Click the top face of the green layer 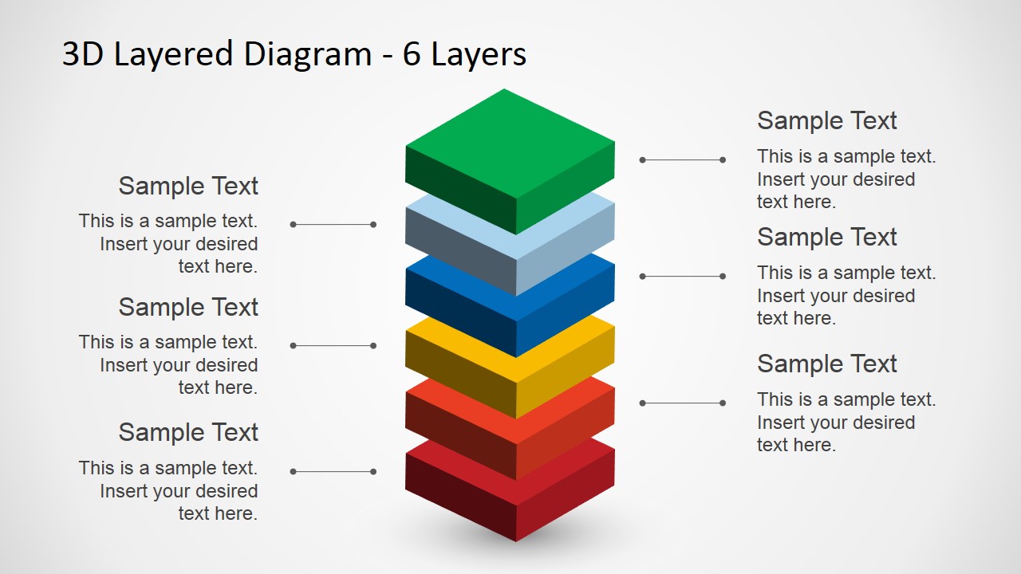510,143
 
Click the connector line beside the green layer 682,160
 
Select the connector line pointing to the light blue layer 333,225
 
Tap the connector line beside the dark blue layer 682,276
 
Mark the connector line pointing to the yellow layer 333,346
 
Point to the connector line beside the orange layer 682,403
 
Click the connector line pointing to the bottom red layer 333,471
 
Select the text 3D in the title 82,54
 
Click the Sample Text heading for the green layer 827,120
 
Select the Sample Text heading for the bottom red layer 188,432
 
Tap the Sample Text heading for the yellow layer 188,308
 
